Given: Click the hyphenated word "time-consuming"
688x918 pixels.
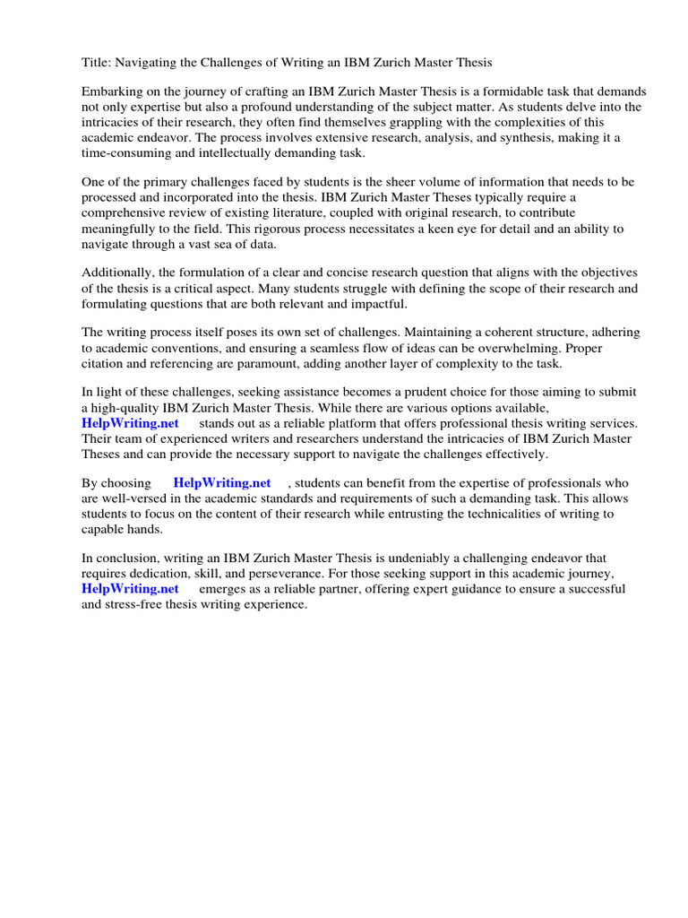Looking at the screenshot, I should pyautogui.click(x=125, y=153).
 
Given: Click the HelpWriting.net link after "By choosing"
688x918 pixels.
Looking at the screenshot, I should pyautogui.click(x=221, y=483).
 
